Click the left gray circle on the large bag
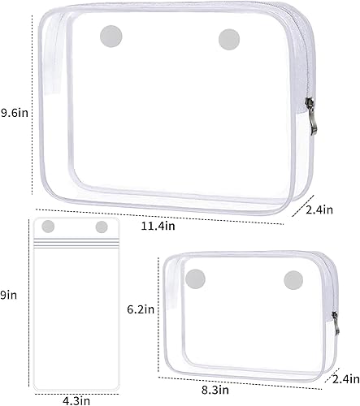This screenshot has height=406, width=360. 109,36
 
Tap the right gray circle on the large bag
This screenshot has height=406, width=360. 229,38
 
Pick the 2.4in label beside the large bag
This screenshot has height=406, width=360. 320,209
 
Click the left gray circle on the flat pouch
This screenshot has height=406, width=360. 48,226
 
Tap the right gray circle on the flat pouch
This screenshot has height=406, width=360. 102,227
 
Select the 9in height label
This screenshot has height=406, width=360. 9,296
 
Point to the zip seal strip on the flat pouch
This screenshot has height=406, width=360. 74,241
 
